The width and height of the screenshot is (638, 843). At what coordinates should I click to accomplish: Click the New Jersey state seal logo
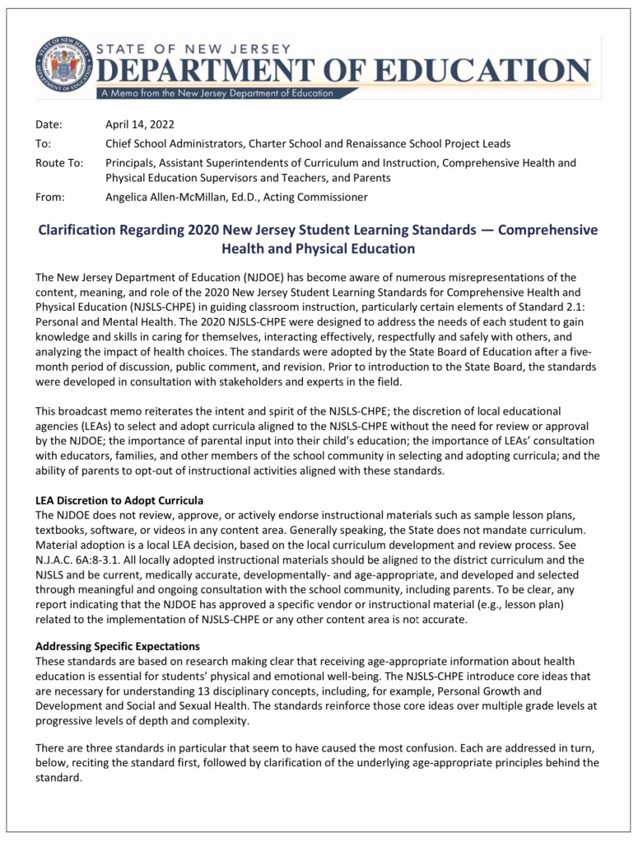point(63,63)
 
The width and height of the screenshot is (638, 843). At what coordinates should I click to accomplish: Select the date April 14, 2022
point(143,124)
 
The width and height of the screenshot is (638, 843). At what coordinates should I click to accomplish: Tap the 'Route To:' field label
point(59,162)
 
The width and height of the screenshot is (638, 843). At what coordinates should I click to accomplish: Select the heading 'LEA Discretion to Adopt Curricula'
point(119,501)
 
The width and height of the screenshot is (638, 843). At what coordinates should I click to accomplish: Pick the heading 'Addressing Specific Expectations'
point(118,646)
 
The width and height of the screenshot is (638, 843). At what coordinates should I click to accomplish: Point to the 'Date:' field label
point(50,124)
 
